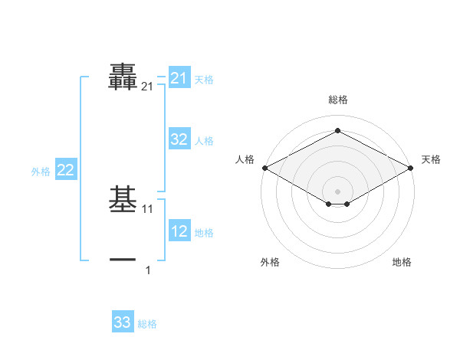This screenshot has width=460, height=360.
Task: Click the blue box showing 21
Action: [x=179, y=78]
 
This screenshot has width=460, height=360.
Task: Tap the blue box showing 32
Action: [x=179, y=139]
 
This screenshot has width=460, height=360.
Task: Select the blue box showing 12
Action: [x=179, y=231]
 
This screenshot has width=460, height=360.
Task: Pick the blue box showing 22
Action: [x=65, y=170]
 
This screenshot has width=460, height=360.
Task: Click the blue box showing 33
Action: [x=122, y=322]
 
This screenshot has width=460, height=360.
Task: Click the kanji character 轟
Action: [x=123, y=77]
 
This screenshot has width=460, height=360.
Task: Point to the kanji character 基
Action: [x=123, y=200]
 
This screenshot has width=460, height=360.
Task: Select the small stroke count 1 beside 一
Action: [x=148, y=270]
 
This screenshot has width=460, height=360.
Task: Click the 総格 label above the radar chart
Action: [x=337, y=100]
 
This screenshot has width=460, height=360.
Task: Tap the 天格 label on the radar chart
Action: [x=431, y=159]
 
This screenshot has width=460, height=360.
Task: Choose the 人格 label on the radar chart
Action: [x=245, y=159]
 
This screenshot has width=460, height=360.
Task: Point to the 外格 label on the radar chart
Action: [x=270, y=263]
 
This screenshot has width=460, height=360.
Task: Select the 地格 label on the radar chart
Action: [x=402, y=263]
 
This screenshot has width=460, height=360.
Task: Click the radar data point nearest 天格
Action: [x=411, y=167]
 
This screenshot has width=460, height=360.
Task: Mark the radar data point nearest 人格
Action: [x=264, y=167]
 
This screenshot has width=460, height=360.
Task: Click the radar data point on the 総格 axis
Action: [x=337, y=130]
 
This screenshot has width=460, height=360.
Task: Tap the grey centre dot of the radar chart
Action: [x=337, y=191]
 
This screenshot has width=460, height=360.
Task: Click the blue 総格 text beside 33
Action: [x=147, y=324]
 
